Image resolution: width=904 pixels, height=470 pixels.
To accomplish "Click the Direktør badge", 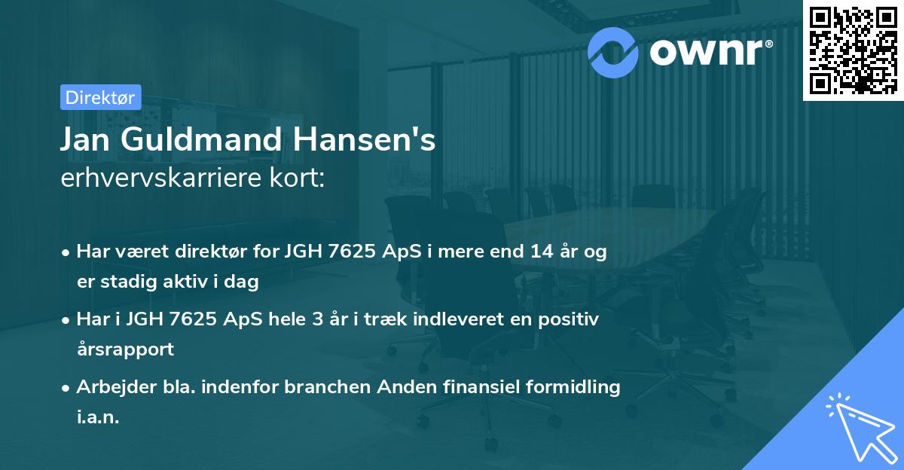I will point(100,97).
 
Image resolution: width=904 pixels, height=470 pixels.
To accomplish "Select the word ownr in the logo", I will point(710,50).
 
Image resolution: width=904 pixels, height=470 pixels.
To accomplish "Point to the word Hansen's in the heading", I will point(361,139).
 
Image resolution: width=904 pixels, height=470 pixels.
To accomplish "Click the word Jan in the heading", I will point(84,139).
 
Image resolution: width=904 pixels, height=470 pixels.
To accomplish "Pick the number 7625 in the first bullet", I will point(355,252).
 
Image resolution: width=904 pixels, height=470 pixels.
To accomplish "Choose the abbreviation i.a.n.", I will point(98,417).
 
